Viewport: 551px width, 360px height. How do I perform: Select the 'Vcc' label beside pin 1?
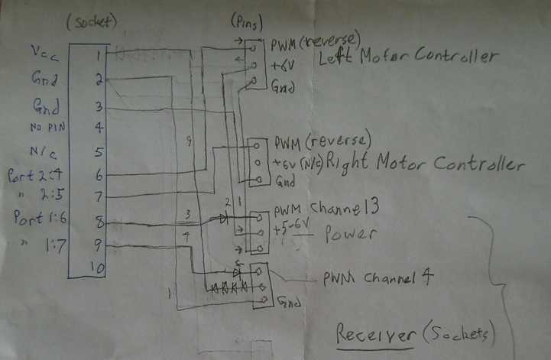43,51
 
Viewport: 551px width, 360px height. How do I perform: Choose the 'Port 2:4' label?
33,175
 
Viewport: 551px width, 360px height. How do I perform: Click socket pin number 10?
96,268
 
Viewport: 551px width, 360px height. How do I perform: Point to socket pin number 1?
98,54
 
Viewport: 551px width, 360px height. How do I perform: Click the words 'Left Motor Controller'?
408,56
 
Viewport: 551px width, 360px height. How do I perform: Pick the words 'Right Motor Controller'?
425,162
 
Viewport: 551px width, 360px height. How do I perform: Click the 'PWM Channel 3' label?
327,207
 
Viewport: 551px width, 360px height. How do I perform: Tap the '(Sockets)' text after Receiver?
456,333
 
